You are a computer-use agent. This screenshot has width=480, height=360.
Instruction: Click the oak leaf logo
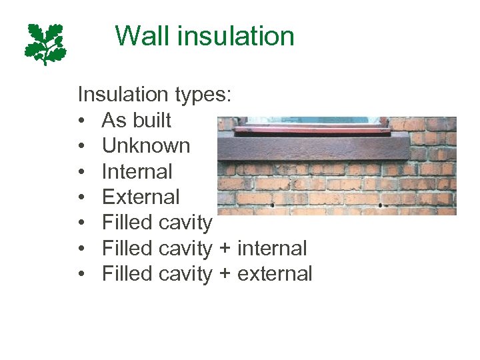click(45, 43)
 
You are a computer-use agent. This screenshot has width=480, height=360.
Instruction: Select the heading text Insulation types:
click(155, 95)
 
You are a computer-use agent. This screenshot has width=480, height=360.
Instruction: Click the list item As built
click(136, 121)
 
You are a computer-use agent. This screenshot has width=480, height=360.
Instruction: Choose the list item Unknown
click(145, 146)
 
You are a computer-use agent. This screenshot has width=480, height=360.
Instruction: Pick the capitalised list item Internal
click(137, 171)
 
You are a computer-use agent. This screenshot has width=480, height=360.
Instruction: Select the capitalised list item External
click(140, 197)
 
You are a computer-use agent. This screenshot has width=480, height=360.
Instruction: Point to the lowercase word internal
click(271, 248)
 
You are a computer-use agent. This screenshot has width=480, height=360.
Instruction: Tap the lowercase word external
click(274, 273)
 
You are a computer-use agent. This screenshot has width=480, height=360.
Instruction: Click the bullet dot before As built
click(81, 121)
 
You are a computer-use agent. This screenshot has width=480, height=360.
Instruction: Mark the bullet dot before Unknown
click(81, 147)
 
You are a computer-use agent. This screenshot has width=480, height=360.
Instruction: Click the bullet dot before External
click(81, 197)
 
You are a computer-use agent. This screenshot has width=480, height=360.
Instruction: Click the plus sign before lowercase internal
click(225, 249)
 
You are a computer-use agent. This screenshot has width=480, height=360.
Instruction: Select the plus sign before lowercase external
click(225, 274)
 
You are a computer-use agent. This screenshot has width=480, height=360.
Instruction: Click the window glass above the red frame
click(313, 119)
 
